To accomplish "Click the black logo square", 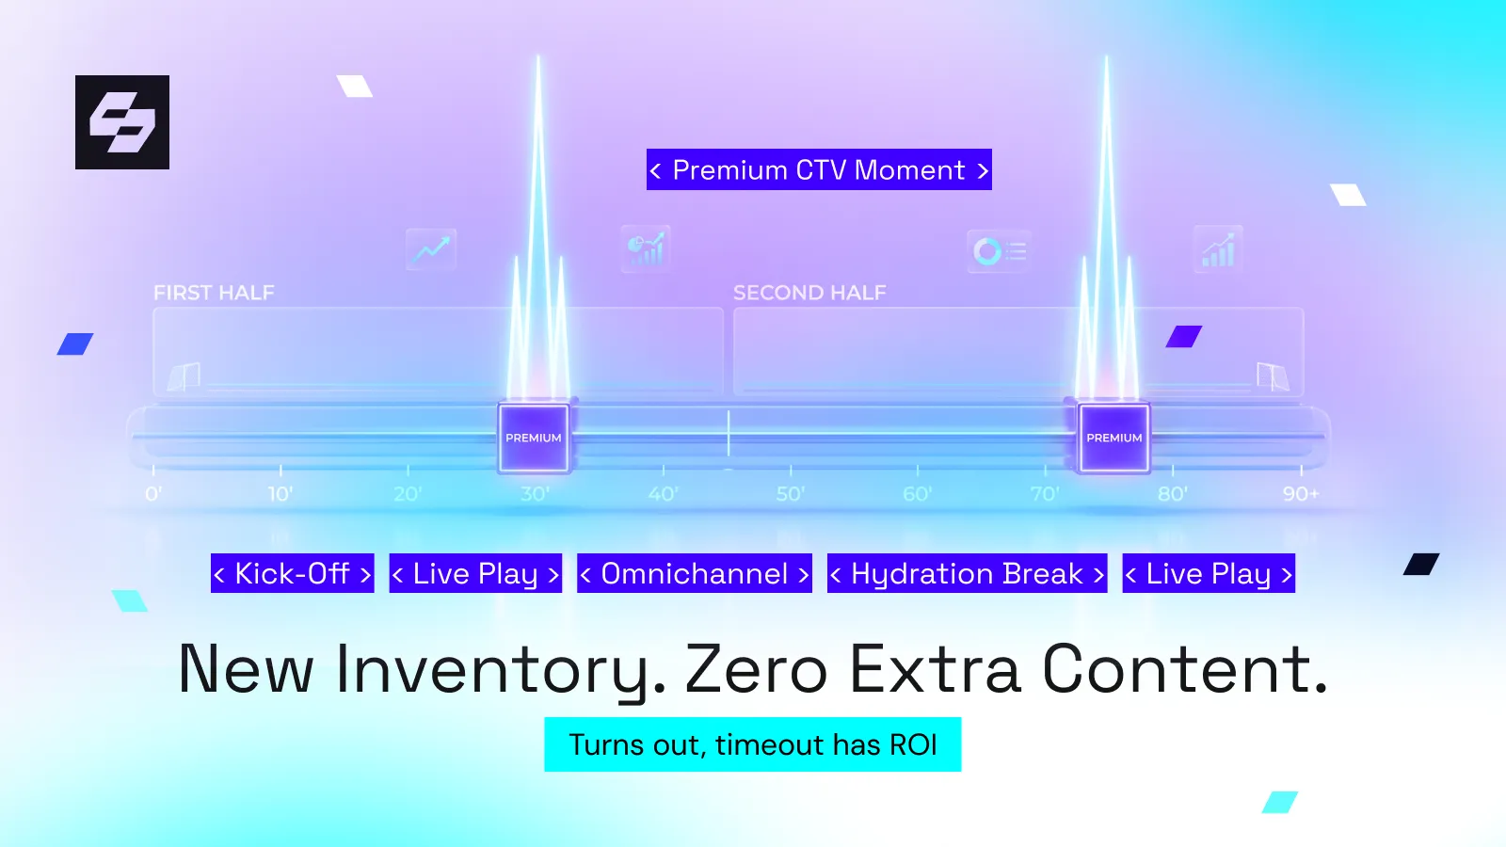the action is point(122,122).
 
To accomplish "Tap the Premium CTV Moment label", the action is point(819,169).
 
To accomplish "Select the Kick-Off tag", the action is point(293,573).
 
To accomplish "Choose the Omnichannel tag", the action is point(695,573).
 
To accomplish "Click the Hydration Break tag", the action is point(967,573).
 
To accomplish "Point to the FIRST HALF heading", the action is point(214,293).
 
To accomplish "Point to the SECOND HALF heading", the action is point(809,293).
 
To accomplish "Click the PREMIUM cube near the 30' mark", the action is point(534,438).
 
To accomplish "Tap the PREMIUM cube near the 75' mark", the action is point(1114,438).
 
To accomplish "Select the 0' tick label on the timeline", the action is point(153,494).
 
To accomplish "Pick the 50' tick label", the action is point(790,494).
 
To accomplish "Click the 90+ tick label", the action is point(1301,494).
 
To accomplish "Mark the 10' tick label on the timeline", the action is point(280,494).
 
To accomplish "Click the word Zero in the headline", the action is point(756,669).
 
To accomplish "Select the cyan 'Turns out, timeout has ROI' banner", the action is point(752,744).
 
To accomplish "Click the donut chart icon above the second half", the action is point(987,251).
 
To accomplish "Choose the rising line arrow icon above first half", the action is point(431,249).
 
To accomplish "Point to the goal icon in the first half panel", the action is point(184,376).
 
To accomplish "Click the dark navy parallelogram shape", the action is point(1421,564).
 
